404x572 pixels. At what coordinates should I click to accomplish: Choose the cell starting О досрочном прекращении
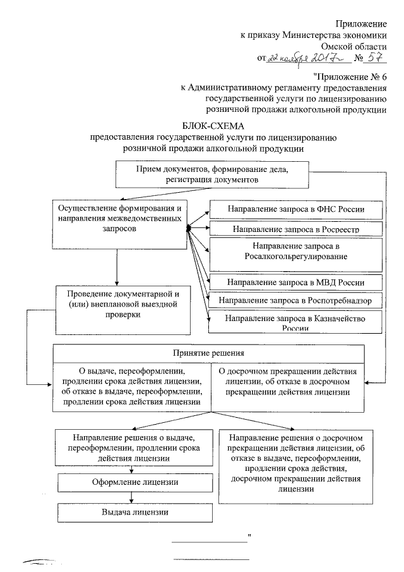pos(287,379)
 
